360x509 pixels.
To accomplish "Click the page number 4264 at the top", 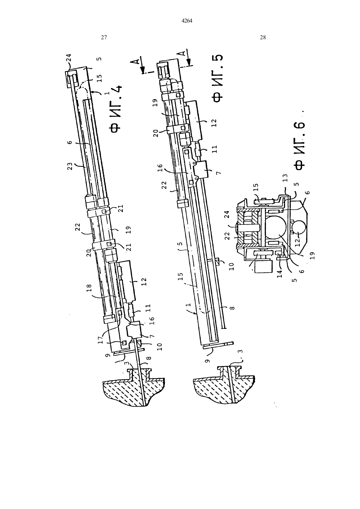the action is coord(187,21).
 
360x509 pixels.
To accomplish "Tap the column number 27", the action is coord(104,38).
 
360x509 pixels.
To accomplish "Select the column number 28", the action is coord(263,38).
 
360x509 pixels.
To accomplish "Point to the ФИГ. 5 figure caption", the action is coord(217,79).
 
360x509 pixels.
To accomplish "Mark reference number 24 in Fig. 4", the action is coord(69,58).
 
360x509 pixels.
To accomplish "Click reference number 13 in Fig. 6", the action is coord(285,178).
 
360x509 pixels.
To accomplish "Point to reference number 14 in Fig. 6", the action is coord(279,273).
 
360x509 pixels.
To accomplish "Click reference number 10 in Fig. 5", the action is coord(232,266).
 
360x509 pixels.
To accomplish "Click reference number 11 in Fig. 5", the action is coord(215,149).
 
